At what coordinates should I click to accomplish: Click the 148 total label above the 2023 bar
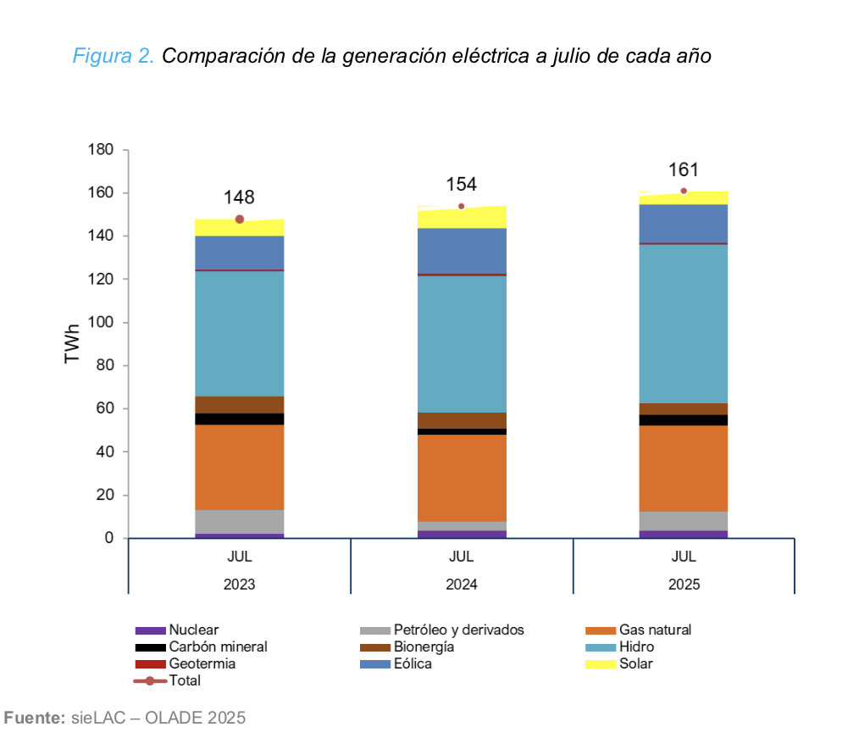tap(239, 197)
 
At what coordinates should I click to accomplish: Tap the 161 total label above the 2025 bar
tap(683, 169)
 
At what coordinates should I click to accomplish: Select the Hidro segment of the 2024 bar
tap(462, 344)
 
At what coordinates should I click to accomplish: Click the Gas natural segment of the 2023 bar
tap(240, 467)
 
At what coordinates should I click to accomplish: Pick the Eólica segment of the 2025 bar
tap(684, 223)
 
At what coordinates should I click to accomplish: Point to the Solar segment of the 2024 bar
tap(462, 218)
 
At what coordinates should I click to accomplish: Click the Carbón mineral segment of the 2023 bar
tap(240, 419)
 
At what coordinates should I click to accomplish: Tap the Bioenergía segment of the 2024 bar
tap(462, 420)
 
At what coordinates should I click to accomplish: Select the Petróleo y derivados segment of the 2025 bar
tap(684, 520)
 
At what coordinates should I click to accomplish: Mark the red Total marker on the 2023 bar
tap(240, 219)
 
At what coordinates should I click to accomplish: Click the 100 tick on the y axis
tap(100, 323)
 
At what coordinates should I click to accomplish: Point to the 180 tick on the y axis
tap(100, 150)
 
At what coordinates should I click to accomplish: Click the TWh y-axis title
tap(73, 343)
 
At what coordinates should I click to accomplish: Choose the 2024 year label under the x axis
tap(462, 585)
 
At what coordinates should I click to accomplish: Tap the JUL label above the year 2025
tap(684, 558)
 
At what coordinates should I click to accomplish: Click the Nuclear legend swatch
tap(150, 630)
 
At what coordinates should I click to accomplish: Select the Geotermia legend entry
tap(202, 663)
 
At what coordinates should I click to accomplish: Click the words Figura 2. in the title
tap(113, 57)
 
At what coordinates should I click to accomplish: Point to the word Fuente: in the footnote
tap(35, 718)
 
